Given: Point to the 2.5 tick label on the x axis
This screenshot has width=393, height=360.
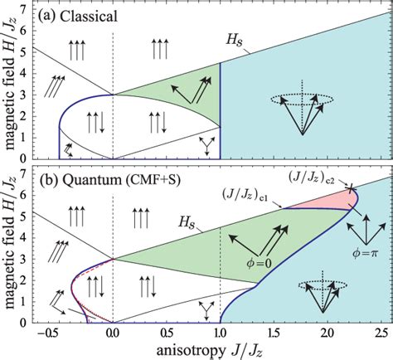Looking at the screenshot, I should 382,335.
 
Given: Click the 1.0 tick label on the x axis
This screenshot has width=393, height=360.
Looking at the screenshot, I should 220,335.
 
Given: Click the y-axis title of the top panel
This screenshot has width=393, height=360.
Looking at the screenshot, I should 10,83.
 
